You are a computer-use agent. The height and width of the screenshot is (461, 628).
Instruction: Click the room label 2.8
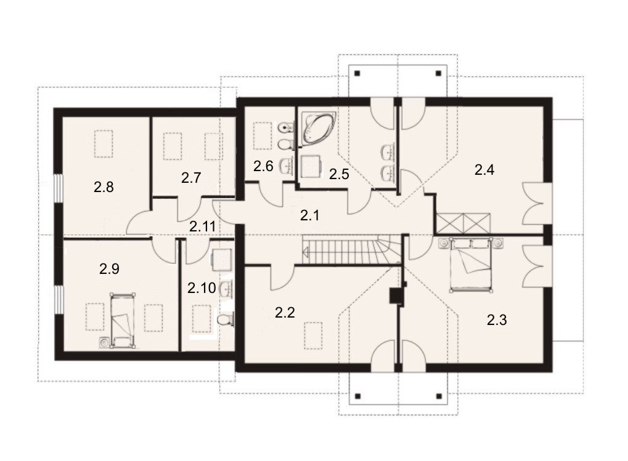tap(104, 186)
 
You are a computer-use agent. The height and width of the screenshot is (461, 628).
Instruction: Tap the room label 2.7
tap(190, 177)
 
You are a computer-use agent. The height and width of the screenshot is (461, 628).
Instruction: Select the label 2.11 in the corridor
tap(203, 226)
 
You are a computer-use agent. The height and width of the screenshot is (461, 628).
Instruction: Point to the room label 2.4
tap(484, 170)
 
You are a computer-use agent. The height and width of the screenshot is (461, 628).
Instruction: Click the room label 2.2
tap(285, 312)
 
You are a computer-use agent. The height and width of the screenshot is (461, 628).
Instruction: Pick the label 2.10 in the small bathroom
tap(202, 287)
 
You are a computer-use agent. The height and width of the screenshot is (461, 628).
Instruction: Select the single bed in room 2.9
tap(122, 321)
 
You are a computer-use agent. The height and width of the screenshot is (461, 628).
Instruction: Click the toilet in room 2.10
tap(225, 319)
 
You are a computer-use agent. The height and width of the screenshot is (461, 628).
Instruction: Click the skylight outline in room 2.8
tap(104, 144)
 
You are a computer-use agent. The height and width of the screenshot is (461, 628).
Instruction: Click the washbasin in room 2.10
tap(226, 289)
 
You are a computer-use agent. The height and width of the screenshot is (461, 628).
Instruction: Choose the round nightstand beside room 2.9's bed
tap(104, 343)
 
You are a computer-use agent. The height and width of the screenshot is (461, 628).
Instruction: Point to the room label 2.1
tap(310, 216)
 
